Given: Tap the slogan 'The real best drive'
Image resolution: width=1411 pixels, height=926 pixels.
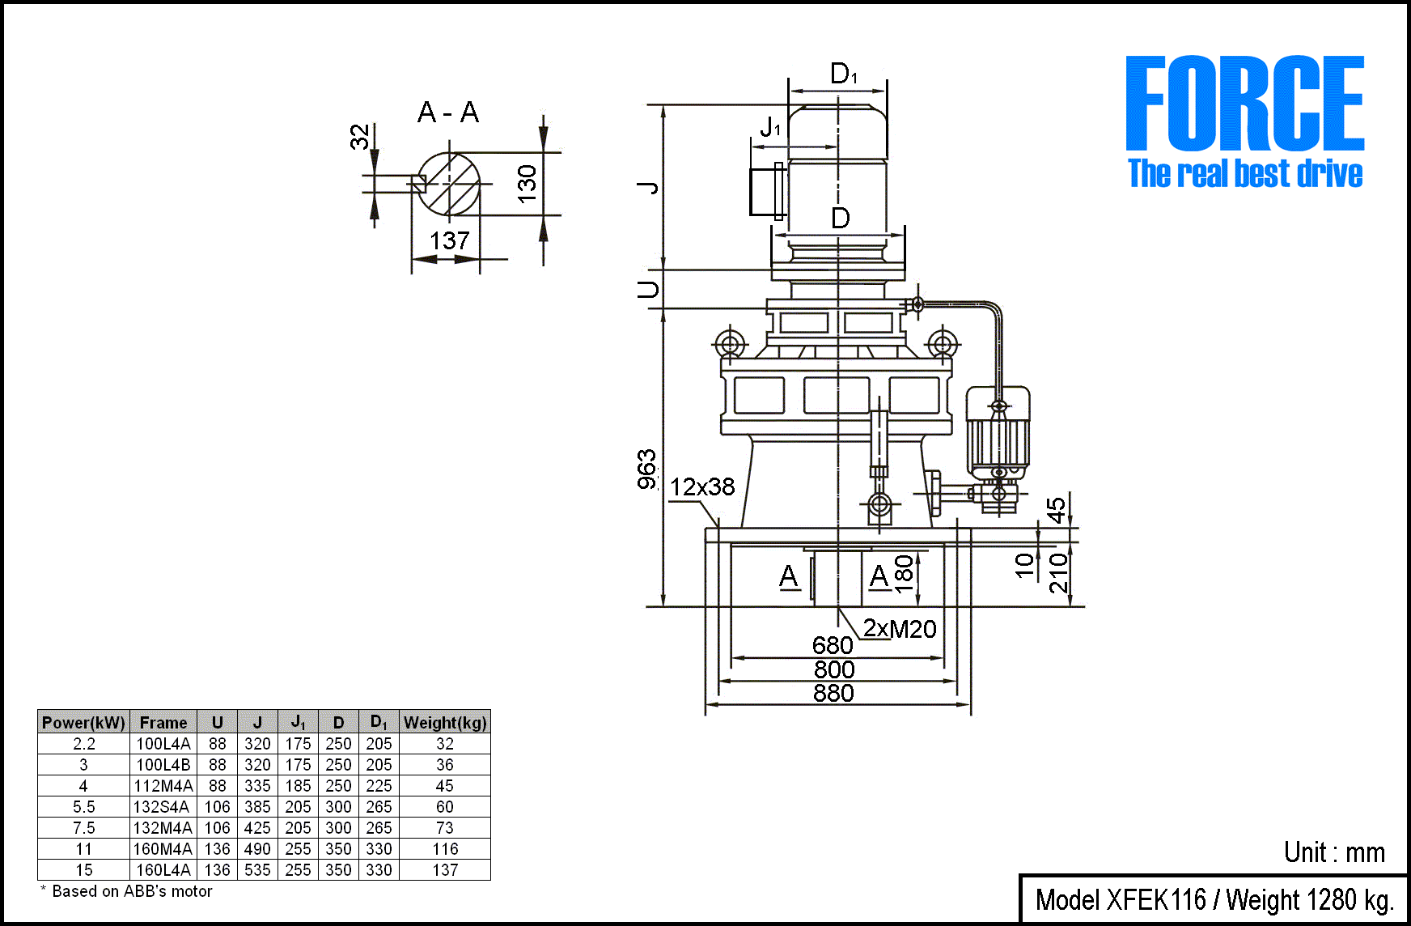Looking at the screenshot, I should pos(1245,174).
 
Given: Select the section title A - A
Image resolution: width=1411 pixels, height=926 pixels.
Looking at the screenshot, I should pos(448,113).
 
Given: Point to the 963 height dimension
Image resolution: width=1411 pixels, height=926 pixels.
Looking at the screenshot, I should pos(647,469).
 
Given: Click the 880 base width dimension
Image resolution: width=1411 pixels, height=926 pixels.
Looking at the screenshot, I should pos(833,694).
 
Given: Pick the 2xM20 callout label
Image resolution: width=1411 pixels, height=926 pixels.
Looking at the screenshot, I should pos(900,629).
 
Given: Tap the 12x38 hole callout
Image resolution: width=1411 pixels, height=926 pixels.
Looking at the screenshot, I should pos(702,486).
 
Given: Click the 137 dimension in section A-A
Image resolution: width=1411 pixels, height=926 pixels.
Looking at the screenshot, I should pos(450,241).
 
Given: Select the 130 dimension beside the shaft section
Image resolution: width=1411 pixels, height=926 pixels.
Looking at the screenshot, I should pos(527,184).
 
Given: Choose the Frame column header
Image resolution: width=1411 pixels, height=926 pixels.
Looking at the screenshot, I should pos(163,723).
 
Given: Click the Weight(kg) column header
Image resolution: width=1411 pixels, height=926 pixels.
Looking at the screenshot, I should pos(445,723).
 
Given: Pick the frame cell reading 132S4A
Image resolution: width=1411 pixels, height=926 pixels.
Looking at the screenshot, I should pos(163,807).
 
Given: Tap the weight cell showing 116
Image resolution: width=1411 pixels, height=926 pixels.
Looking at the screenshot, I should pos(445,849).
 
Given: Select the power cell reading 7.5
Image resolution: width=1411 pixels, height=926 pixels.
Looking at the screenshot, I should pos(83,828).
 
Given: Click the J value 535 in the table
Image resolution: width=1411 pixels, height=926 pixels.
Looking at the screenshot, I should pos(257,870).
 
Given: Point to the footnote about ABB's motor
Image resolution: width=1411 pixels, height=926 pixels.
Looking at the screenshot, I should pos(127,891).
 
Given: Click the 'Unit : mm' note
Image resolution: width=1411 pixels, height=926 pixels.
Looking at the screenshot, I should pos(1334,852).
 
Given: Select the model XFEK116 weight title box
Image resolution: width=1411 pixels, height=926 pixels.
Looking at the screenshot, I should pos(1214,900).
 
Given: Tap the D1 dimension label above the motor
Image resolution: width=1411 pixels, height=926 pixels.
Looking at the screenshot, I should pos(843,74).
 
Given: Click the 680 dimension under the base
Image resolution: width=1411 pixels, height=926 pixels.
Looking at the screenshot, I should pos(833,645).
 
